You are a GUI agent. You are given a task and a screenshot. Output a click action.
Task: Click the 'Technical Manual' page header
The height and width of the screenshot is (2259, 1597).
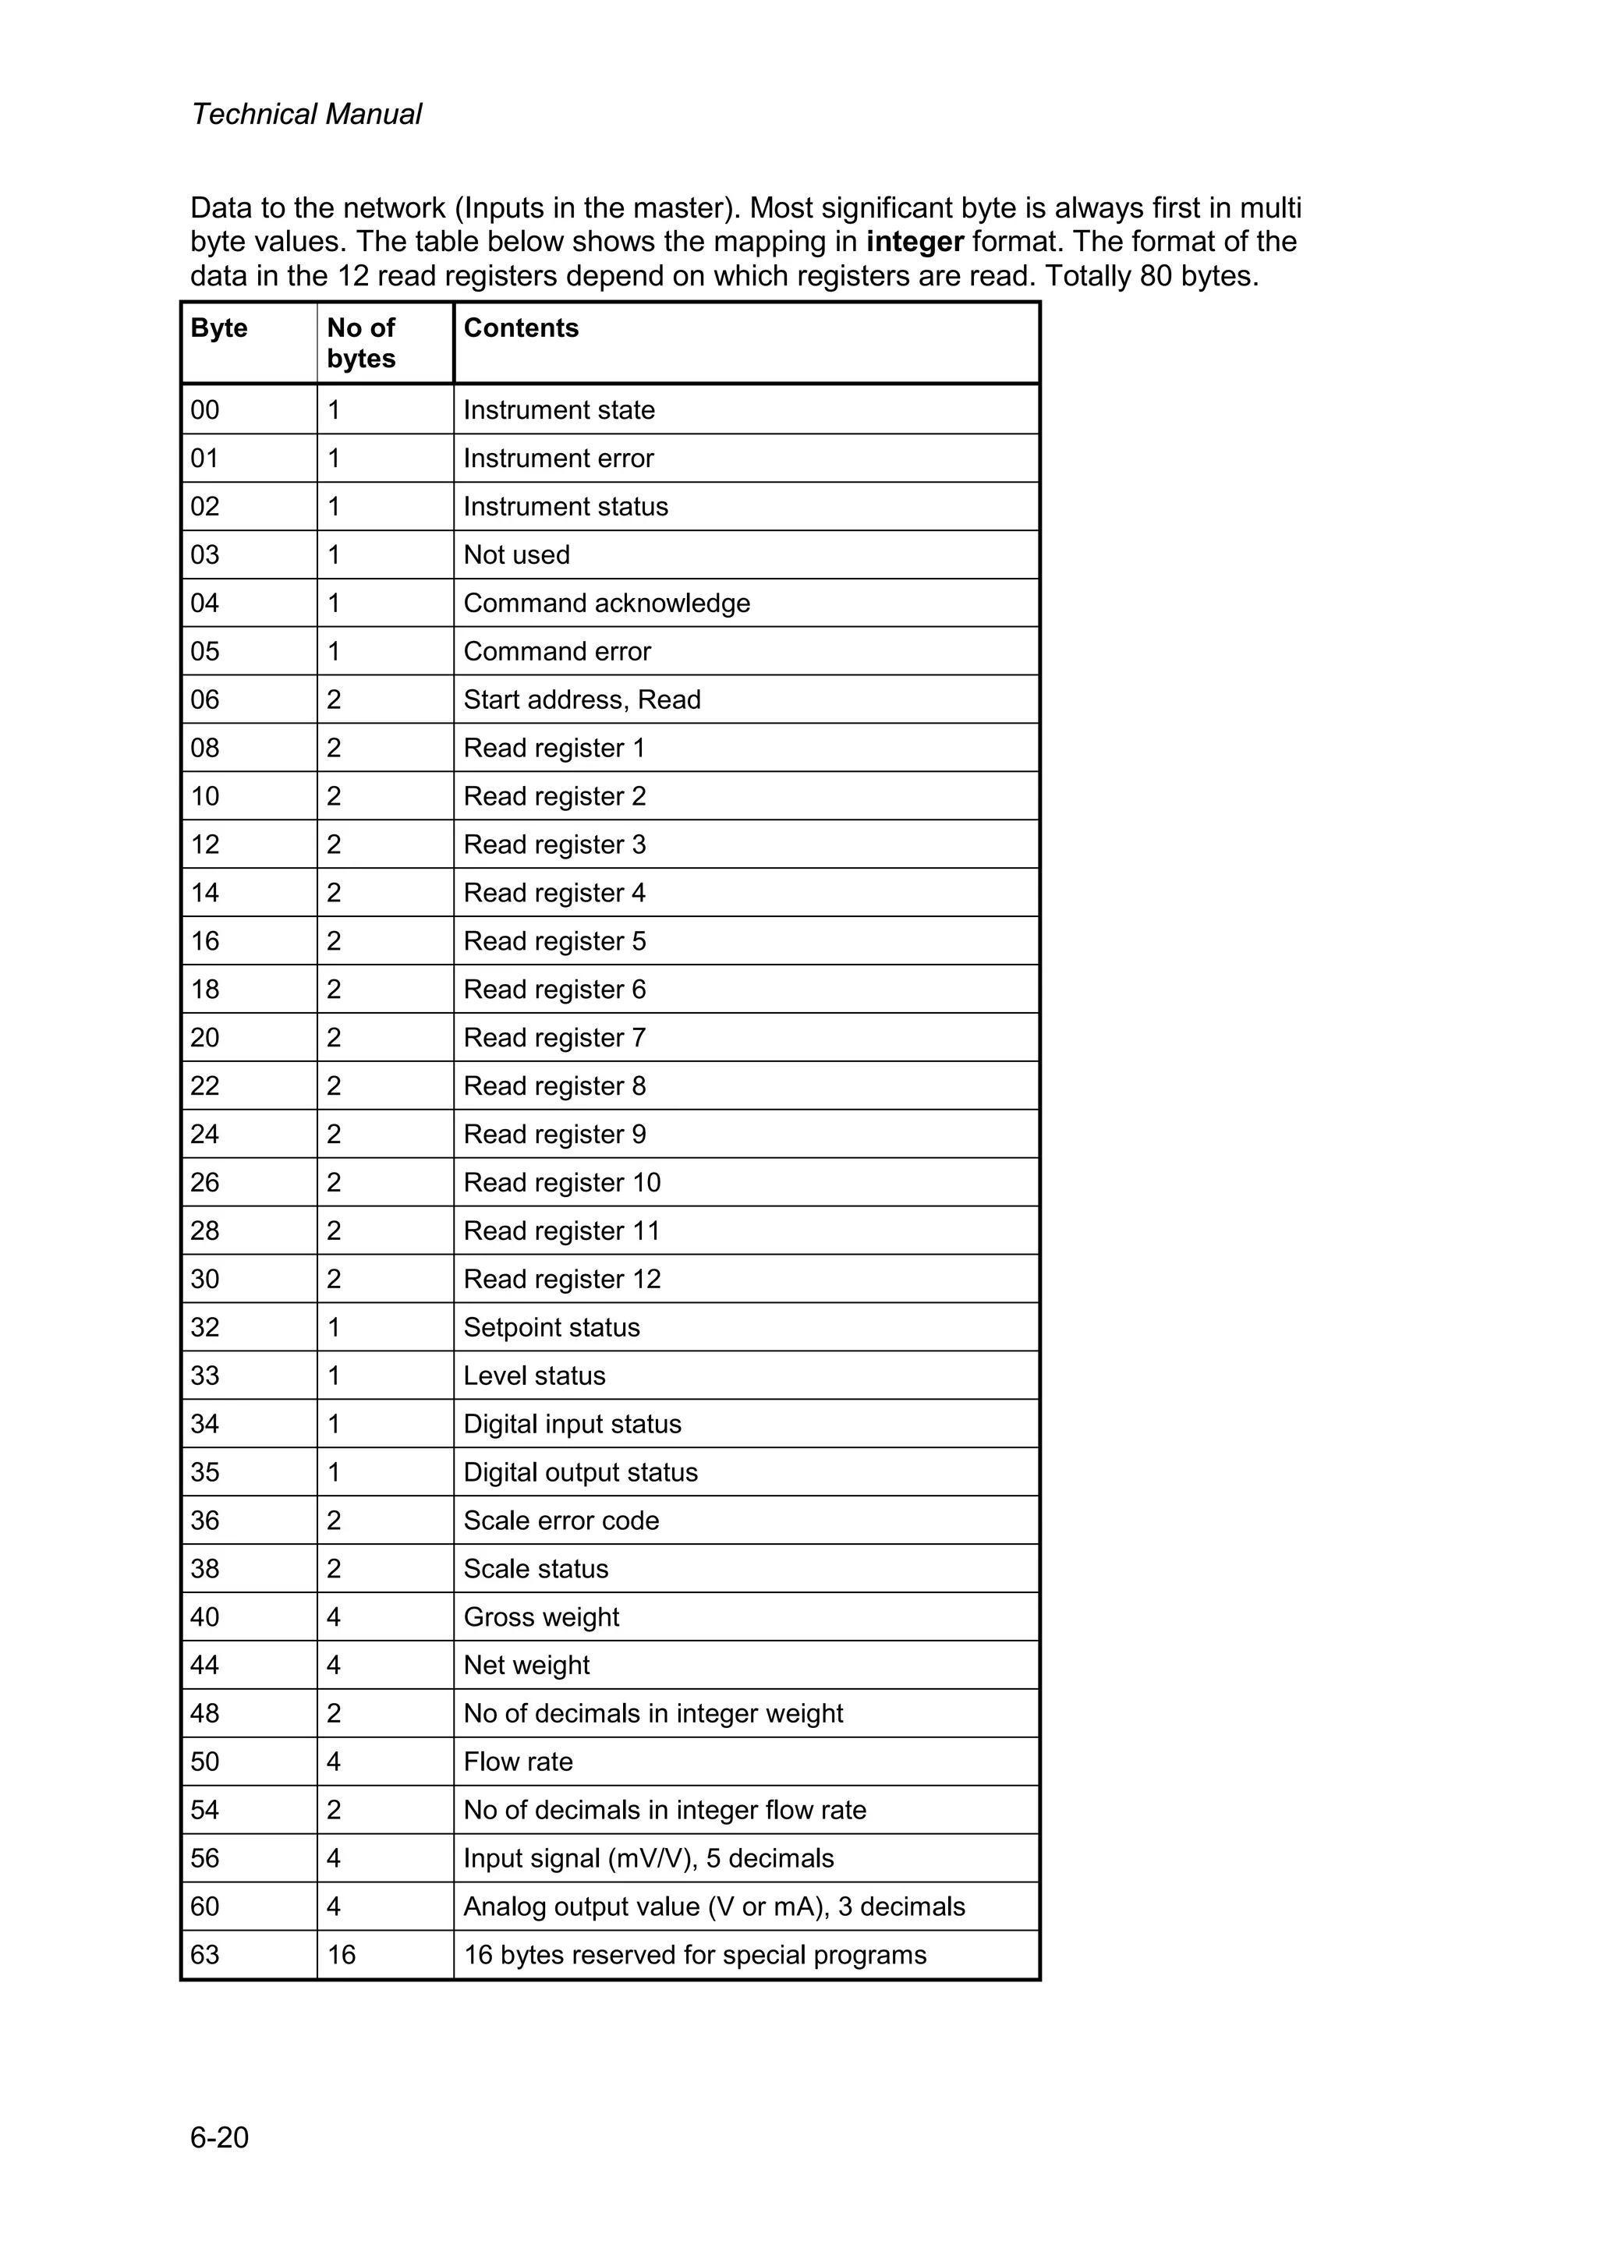pos(306,114)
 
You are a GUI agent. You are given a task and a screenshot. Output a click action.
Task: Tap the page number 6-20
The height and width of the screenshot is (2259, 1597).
pos(219,2137)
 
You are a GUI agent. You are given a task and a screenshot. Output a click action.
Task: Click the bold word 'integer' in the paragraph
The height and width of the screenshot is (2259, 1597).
pos(914,242)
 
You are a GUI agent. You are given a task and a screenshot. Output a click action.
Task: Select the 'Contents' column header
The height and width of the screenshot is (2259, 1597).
pos(521,328)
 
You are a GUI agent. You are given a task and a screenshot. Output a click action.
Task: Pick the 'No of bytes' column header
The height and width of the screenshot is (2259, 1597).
pos(361,342)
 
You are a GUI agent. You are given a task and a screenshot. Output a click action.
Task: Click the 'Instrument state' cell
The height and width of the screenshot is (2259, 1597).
pos(559,409)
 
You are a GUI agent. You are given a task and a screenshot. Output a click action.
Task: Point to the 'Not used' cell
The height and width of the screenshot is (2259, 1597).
pos(516,555)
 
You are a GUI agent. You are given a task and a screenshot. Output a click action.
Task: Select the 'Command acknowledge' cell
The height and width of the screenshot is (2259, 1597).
pos(606,603)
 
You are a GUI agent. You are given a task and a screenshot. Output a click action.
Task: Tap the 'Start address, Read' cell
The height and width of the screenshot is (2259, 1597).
pos(582,699)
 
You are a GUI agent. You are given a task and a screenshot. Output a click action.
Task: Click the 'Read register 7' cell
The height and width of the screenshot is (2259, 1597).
pos(554,1038)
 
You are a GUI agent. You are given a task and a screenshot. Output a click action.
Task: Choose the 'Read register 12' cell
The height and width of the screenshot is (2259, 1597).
pos(562,1279)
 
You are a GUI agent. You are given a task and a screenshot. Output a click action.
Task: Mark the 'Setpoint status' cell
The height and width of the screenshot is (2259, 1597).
pos(551,1327)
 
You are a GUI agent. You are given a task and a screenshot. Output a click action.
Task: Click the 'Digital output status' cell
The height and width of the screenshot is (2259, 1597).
pos(580,1472)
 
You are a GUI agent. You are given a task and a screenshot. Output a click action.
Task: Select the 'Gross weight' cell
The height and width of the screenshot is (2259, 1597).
pos(541,1616)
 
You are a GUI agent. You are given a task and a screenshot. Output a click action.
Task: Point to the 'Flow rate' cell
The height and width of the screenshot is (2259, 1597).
pos(518,1762)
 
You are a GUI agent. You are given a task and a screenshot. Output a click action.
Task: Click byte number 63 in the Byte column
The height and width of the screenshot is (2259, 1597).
pos(204,1954)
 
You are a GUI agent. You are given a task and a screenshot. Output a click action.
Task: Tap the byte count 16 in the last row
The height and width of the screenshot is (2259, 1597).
pos(341,1954)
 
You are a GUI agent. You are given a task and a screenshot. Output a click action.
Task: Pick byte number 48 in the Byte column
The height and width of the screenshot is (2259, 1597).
pos(204,1713)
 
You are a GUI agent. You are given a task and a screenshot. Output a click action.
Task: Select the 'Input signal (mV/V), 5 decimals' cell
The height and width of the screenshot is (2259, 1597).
pos(649,1857)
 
